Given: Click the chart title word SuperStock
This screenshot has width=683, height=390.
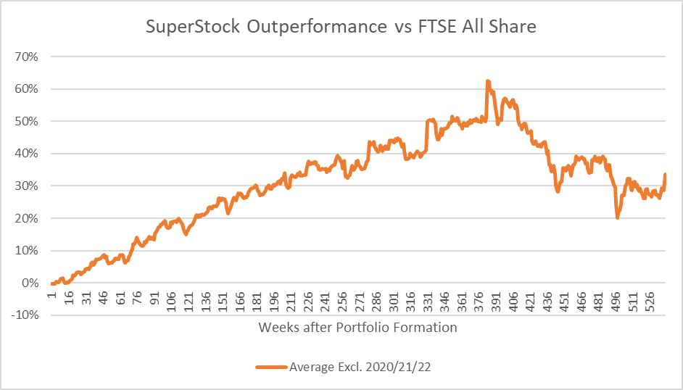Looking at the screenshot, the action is [193, 27].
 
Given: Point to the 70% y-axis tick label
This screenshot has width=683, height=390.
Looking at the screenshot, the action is [27, 57].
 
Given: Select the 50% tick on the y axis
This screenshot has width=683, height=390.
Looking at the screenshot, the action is [27, 122].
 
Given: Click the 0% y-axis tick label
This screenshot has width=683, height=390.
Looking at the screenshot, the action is [30, 283].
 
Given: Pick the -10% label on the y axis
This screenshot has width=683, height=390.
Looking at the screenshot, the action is [25, 315].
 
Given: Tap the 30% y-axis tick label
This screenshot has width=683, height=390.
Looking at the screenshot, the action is [27, 186].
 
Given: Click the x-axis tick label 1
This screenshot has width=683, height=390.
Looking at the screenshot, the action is [53, 294].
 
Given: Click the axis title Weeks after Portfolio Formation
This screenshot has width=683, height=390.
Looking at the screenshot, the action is [357, 328].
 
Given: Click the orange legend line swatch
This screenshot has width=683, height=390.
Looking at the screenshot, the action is [272, 367].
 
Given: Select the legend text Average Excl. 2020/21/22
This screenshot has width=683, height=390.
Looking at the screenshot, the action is [360, 367].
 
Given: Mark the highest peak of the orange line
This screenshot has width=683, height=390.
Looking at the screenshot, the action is [488, 81].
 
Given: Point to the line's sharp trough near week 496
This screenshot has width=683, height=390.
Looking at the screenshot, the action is [617, 217].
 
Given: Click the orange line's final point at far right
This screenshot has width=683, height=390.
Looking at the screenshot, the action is [665, 175].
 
